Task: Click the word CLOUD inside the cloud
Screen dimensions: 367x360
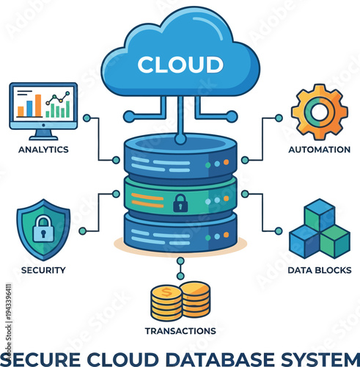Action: pos(180,65)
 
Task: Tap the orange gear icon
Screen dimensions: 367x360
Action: pos(319,112)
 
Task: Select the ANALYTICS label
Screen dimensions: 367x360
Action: pos(43,149)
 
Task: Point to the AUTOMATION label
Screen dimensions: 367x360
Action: pos(319,149)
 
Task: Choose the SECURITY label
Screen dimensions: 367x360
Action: pos(43,269)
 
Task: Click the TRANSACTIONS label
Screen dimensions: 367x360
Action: pos(180,330)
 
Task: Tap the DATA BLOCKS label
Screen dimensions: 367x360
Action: pos(319,269)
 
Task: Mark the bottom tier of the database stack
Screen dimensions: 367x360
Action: pos(180,233)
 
